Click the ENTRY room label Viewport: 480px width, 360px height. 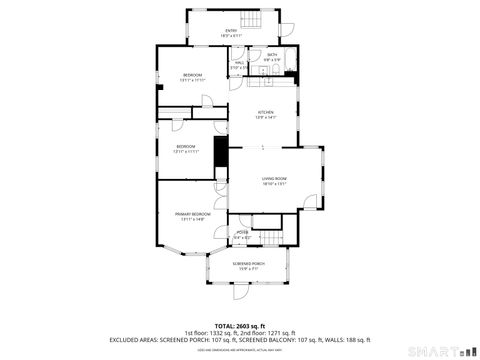(x=231, y=32)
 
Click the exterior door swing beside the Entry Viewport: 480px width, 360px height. (x=283, y=26)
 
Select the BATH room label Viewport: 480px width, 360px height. (x=271, y=57)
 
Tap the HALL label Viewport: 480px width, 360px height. (x=240, y=65)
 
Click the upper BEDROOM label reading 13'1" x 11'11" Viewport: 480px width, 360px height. (x=193, y=78)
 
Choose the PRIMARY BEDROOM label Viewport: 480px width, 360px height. (x=193, y=216)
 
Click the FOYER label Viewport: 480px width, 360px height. (x=241, y=235)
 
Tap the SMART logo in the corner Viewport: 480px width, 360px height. (x=444, y=350)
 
